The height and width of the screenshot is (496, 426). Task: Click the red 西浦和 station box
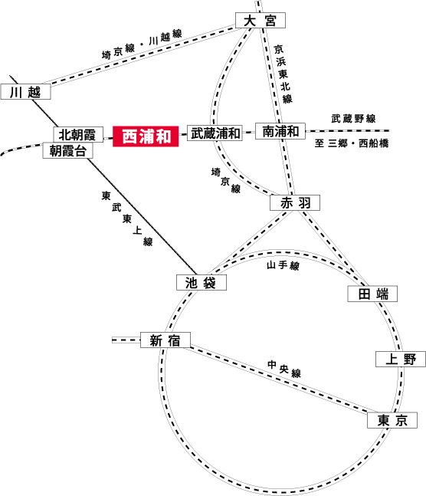146,136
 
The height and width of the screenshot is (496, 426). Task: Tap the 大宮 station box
261,21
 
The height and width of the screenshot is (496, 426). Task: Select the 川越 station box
25,92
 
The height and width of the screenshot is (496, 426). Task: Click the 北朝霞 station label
78,134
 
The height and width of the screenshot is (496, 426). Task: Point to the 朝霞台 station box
67,150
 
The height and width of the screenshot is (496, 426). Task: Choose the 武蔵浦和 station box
215,133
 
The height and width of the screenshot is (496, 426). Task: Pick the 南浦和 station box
280,131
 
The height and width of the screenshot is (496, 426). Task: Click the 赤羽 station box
295,202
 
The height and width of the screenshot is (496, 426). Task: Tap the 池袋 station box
202,282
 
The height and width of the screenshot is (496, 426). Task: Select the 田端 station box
372,294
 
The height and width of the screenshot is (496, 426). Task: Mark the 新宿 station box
165,340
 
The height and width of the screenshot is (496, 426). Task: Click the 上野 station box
401,360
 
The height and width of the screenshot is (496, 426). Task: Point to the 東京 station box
392,420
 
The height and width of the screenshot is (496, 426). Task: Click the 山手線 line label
283,265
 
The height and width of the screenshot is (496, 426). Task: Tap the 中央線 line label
284,369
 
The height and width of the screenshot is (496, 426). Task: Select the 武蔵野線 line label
353,119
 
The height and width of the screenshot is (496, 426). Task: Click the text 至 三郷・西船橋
352,143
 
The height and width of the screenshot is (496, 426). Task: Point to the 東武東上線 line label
127,218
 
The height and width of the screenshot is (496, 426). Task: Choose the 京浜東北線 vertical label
283,74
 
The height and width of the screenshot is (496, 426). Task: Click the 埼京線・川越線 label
142,44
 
